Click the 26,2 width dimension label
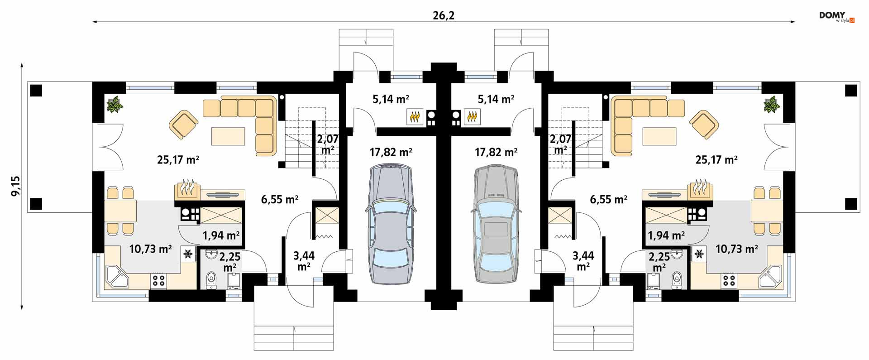point(444,15)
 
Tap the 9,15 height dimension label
point(16,186)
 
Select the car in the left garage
point(391,225)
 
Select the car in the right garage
point(496,225)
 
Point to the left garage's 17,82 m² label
point(391,152)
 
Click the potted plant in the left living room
point(115,105)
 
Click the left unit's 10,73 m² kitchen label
point(150,249)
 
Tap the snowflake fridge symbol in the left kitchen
point(187,254)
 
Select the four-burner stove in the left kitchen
point(159,280)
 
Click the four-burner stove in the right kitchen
point(728,280)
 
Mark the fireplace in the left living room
point(187,190)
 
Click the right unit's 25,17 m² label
point(716,160)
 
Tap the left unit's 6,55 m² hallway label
point(279,199)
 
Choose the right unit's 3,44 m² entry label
point(583,261)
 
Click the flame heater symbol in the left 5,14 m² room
point(415,117)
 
